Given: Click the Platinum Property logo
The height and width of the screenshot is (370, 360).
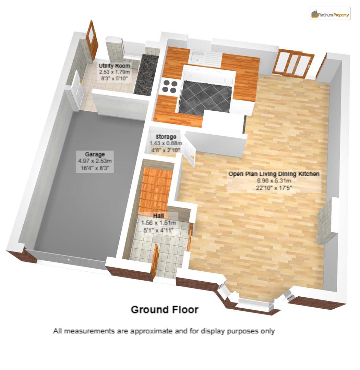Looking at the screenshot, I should tap(330, 14).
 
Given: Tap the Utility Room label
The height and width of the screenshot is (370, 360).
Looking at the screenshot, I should tap(114, 66).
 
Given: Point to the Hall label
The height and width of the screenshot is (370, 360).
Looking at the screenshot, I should tap(158, 216).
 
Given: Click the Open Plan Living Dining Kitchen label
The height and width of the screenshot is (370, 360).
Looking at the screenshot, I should tap(274, 174).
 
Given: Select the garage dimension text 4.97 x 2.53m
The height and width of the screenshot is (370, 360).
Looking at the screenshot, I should tap(95, 161).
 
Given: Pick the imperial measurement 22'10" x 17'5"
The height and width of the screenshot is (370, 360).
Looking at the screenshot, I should tap(274, 187).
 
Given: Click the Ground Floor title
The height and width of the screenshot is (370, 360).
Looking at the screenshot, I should tap(165, 310).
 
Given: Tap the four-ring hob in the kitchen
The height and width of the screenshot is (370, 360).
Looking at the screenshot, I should tap(170, 86).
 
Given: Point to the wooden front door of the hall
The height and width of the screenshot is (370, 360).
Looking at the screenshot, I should tap(155, 260).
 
